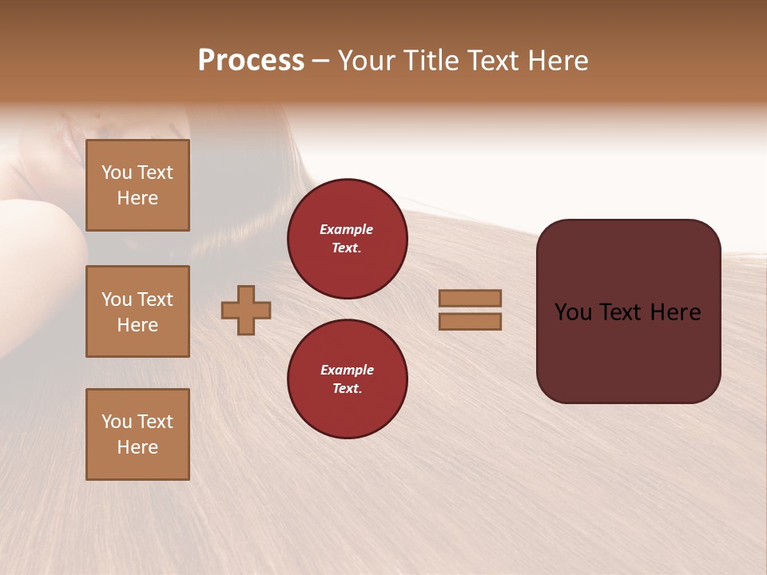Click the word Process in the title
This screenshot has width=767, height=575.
[251, 61]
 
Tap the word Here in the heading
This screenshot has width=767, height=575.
[558, 61]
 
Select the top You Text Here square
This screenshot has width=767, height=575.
[137, 185]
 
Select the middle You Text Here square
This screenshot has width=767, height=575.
[137, 311]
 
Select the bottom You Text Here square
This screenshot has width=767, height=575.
[137, 434]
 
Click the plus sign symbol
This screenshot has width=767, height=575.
[246, 310]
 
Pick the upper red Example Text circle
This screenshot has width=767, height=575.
[347, 239]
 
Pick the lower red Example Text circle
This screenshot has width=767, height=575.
[347, 379]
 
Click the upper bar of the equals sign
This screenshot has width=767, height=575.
[470, 298]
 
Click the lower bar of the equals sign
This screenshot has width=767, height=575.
[470, 322]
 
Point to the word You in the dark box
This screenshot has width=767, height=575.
[573, 312]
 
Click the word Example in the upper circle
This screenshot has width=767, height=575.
[347, 229]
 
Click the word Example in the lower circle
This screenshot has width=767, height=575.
[347, 370]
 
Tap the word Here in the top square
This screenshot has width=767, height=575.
[137, 198]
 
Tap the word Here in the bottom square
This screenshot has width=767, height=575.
[137, 447]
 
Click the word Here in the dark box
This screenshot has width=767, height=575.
[675, 312]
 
